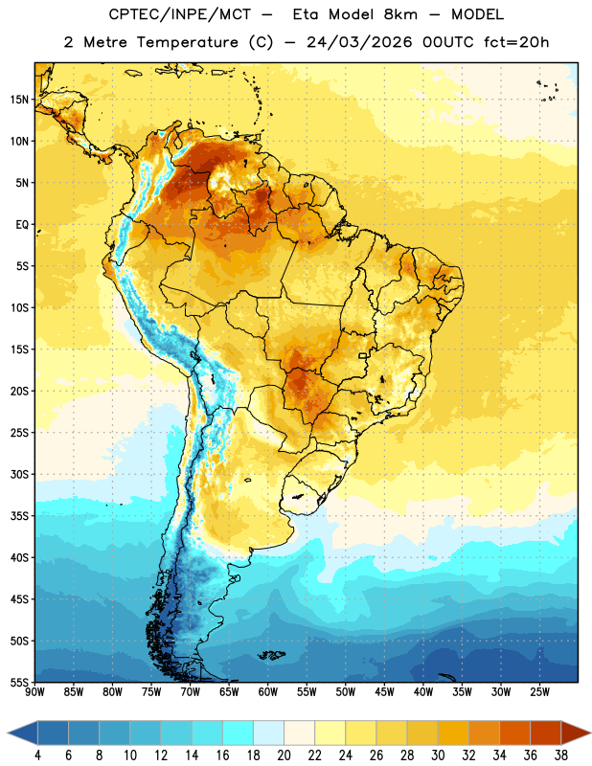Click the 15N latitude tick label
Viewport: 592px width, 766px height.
19,100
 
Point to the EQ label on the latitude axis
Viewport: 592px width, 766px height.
22,225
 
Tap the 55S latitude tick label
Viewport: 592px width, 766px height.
19,682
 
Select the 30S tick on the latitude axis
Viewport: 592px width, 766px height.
19,474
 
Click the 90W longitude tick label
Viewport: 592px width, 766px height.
34,692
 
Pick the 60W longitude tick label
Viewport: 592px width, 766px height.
268,692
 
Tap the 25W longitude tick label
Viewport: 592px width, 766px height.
539,692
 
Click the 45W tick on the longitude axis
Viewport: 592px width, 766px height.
384,692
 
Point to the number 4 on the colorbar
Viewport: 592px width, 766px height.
37,755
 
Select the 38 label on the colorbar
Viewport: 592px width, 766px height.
561,755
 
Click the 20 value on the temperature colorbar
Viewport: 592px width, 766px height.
284,755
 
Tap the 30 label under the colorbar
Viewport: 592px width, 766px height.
438,755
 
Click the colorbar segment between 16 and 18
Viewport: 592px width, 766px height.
238,732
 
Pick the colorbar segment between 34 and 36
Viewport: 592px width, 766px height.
514,732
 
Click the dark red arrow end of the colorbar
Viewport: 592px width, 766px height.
576,732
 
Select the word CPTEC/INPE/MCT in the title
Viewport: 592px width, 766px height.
179,14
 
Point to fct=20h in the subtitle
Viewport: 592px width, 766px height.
516,42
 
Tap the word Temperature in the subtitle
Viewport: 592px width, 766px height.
187,42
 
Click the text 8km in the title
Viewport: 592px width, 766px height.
400,14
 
